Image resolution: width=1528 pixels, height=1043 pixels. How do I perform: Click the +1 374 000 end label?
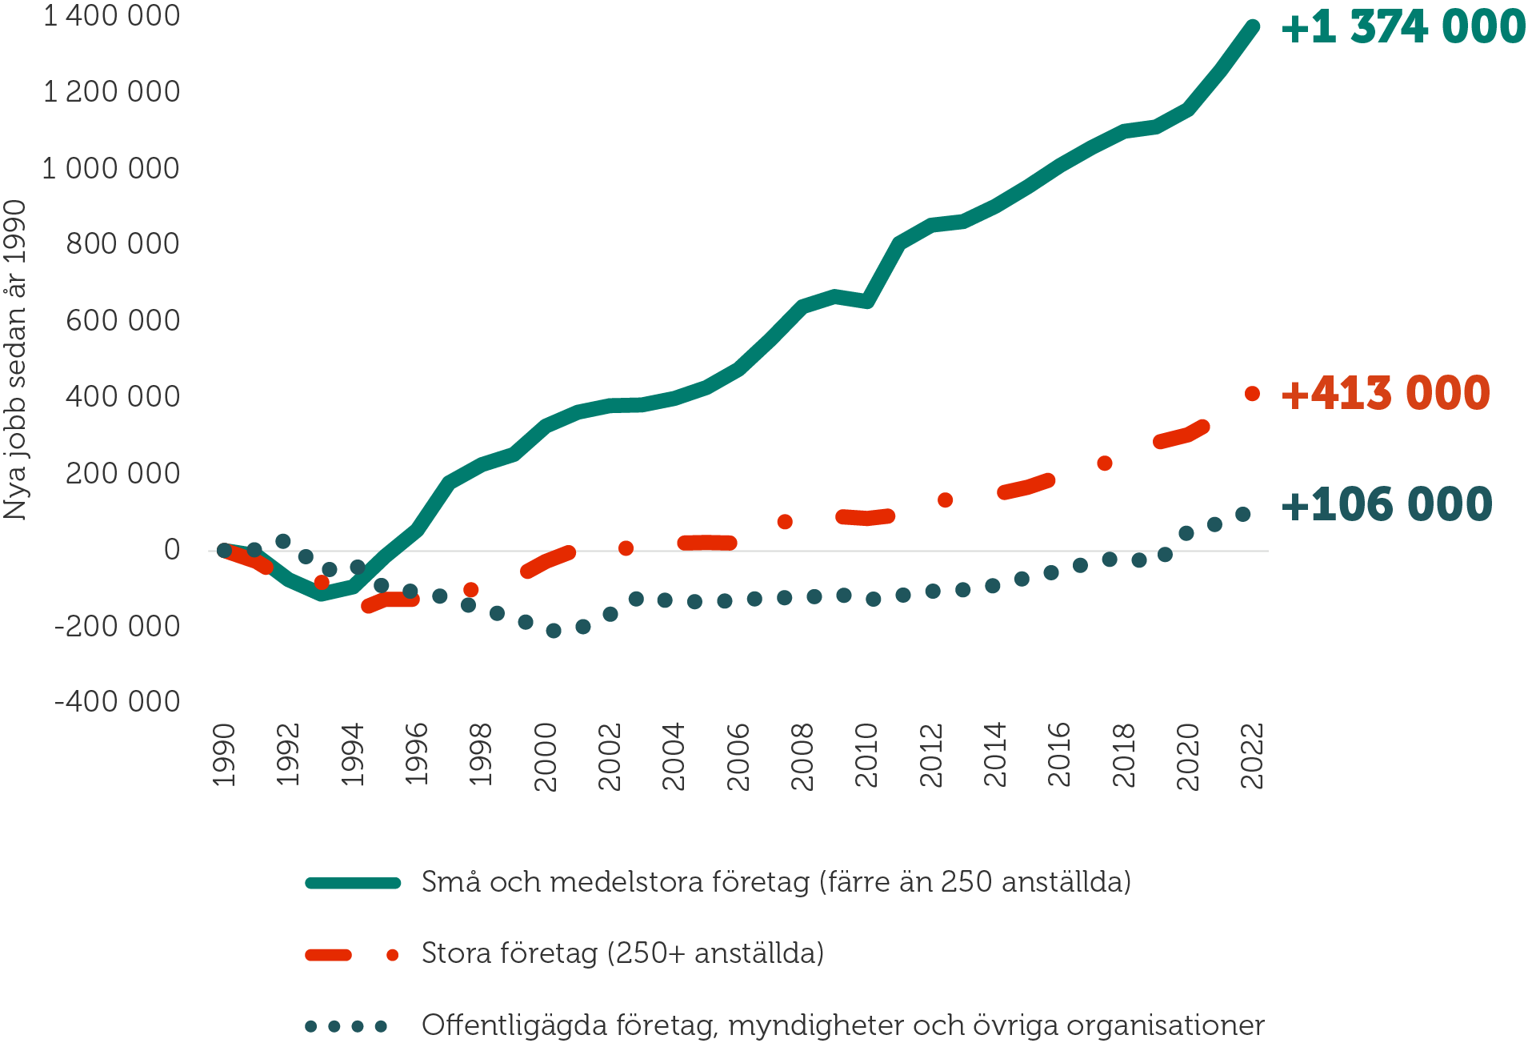[x=1403, y=27]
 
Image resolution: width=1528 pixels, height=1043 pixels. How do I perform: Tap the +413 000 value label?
[x=1386, y=393]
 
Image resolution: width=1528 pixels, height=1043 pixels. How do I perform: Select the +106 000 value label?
[x=1386, y=504]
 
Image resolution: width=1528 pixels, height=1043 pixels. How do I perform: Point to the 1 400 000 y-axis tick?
[x=110, y=16]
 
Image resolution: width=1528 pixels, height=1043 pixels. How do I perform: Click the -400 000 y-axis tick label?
[x=117, y=702]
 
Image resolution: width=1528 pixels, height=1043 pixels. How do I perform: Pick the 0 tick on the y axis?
[x=171, y=550]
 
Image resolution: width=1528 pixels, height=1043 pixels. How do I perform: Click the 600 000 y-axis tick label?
[x=122, y=321]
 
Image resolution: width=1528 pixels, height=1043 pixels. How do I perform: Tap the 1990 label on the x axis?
[x=225, y=755]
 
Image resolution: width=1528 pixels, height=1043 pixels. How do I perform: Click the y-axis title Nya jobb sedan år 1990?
[x=15, y=360]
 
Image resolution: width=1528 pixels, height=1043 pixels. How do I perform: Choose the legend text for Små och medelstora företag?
[x=776, y=882]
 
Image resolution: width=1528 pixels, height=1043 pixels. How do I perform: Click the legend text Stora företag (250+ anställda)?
[x=622, y=953]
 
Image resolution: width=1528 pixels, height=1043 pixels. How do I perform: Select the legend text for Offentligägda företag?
[x=842, y=1025]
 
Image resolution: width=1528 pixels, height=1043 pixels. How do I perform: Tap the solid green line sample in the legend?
[x=353, y=883]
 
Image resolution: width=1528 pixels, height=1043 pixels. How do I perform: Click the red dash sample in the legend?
[x=329, y=955]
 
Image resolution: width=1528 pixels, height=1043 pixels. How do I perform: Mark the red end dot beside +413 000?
[x=1253, y=394]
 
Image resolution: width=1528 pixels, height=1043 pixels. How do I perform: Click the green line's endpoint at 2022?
[x=1253, y=27]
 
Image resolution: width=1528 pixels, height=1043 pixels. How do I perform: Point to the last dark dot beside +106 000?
[x=1243, y=515]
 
